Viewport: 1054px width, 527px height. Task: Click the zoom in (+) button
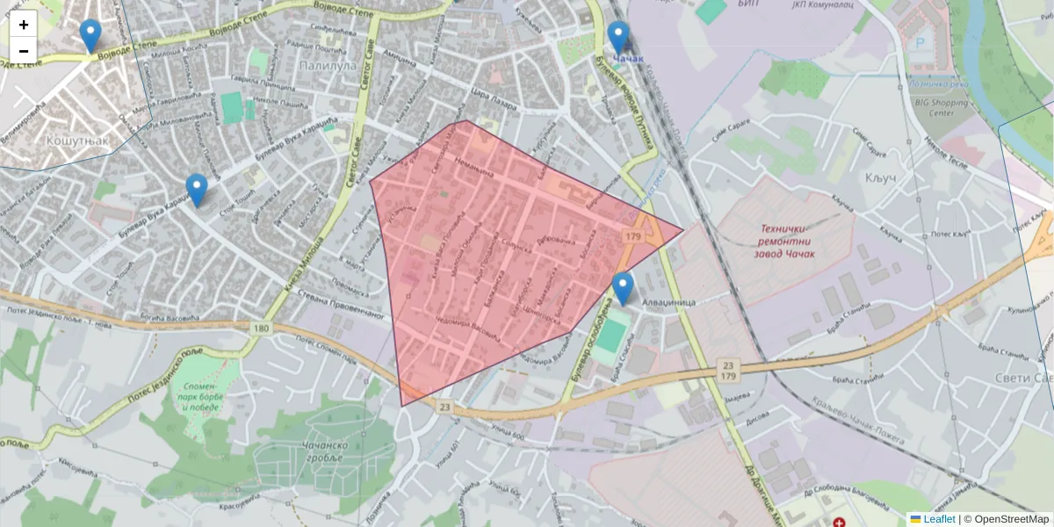point(24,25)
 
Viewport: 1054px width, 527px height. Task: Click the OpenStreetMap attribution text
point(1011,519)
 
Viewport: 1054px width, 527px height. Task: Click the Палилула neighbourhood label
point(327,65)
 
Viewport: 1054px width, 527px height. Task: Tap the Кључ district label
point(879,178)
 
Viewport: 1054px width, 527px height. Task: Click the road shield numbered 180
point(260,328)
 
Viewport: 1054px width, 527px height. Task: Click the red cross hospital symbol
point(840,522)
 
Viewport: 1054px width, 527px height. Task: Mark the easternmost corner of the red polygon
point(682,232)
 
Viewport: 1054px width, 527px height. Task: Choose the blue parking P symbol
point(920,42)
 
